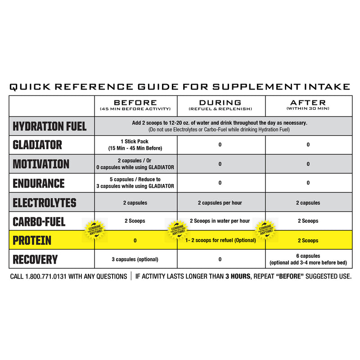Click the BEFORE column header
pyautogui.click(x=135, y=103)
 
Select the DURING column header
pyautogui.click(x=220, y=103)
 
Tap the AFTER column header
pyautogui.click(x=308, y=103)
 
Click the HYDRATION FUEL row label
pyautogui.click(x=49, y=126)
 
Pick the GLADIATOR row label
pyautogui.click(x=38, y=145)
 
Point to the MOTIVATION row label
pyautogui.click(x=41, y=164)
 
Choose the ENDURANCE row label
pyautogui.click(x=39, y=183)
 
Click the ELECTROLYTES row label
pyautogui.click(x=45, y=202)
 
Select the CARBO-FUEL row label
pyautogui.click(x=39, y=221)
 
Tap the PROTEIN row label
pyautogui.click(x=32, y=240)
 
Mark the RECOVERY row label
pyautogui.click(x=35, y=259)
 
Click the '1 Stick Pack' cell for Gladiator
pyautogui.click(x=135, y=145)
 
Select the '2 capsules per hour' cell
pyautogui.click(x=220, y=202)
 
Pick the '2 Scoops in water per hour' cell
pyautogui.click(x=220, y=221)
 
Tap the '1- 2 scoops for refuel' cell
pyautogui.click(x=220, y=240)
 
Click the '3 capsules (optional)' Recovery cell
pyautogui.click(x=135, y=259)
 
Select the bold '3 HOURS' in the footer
pyautogui.click(x=235, y=276)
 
